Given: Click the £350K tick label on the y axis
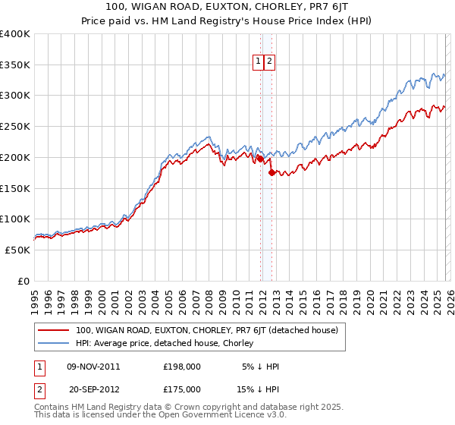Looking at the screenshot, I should tap(15, 65).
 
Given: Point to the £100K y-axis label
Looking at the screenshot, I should tap(15, 219).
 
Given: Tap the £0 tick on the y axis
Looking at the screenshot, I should tap(22, 281).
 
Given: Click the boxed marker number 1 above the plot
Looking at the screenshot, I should tap(259, 62).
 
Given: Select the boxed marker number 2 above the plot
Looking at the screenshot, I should tap(270, 62).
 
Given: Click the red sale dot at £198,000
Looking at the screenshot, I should tap(260, 159).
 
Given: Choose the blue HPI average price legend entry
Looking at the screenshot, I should tap(173, 343).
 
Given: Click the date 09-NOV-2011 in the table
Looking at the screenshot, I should tap(93, 367).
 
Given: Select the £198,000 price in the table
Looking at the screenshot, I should tap(181, 367).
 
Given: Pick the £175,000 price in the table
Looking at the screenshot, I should tap(181, 389).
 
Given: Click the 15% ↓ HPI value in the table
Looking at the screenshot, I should tap(259, 389).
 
